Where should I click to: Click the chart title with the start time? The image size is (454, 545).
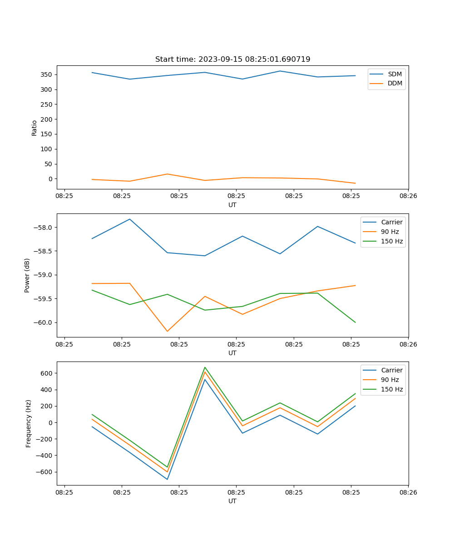pos(232,59)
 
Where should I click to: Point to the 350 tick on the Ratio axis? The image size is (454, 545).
pos(48,74)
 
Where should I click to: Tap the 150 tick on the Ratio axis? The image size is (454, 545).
pos(48,134)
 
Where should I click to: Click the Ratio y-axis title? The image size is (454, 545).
pos(35,128)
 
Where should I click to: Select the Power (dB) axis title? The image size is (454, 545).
pos(27,275)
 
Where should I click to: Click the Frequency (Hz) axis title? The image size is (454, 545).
pos(29,423)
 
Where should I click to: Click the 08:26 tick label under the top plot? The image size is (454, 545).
pos(408,196)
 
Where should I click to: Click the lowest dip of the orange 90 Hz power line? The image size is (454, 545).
pos(167,331)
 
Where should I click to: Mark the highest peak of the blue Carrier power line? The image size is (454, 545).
pos(130,219)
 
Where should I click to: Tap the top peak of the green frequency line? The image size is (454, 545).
pos(205,367)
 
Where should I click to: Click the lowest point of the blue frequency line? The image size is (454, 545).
pos(167,479)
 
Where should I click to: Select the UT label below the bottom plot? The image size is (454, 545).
pos(232,501)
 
